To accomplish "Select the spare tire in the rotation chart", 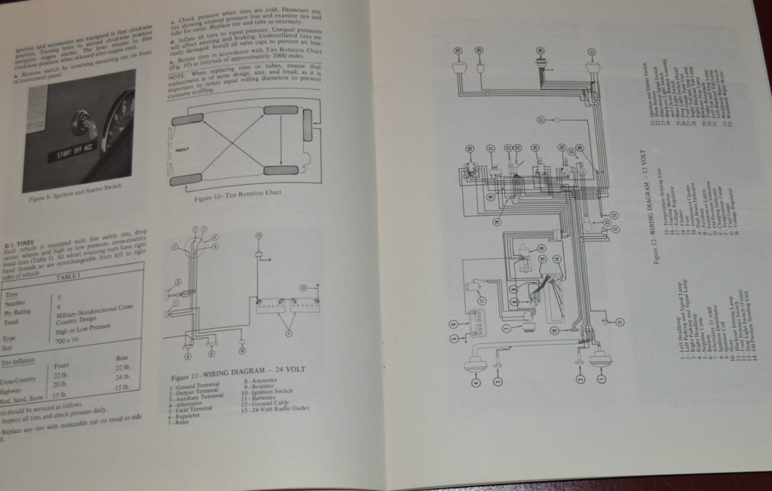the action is (308, 124).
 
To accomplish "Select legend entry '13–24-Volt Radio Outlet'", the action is (273, 408).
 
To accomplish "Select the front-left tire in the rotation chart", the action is (187, 119).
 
